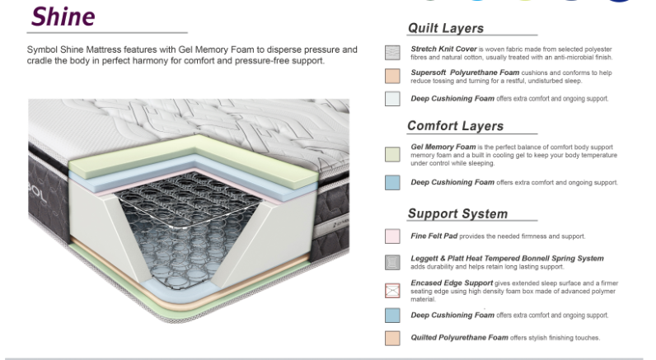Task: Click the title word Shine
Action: [x=62, y=16]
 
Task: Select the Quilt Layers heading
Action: [x=446, y=29]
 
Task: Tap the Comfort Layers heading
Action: [x=455, y=126]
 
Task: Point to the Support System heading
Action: [x=457, y=214]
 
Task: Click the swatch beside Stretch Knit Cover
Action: [x=393, y=53]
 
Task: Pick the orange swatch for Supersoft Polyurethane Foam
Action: [x=393, y=77]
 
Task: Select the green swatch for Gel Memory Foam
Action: [x=393, y=154]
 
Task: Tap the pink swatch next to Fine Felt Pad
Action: [x=393, y=236]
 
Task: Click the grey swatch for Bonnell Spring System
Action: [x=393, y=263]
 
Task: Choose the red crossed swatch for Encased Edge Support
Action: [x=393, y=290]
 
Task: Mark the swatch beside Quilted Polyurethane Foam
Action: [x=393, y=338]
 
